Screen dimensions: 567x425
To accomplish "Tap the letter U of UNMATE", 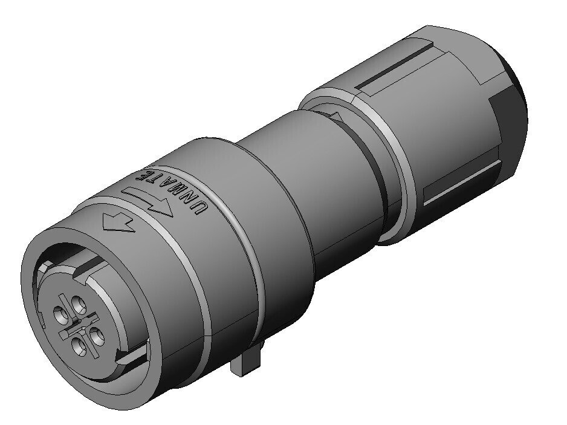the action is click(200, 209).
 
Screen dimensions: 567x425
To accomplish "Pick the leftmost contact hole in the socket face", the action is click(60, 315).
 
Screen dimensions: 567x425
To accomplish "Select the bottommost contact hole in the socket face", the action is click(79, 347).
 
